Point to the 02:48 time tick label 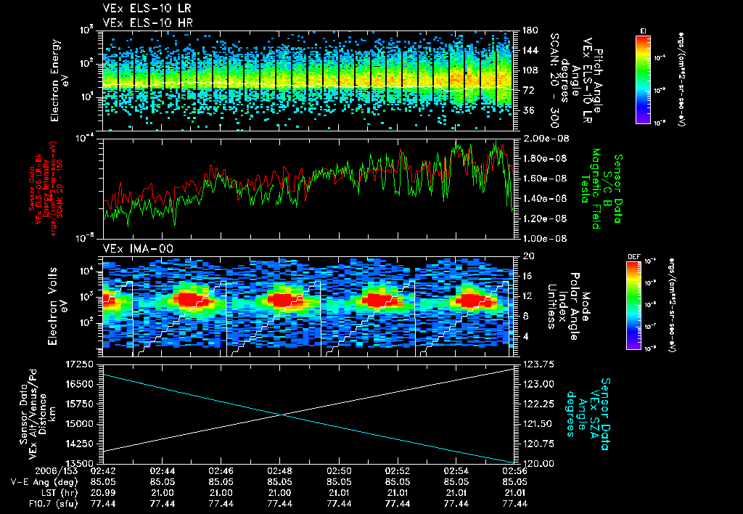tap(280, 470)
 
